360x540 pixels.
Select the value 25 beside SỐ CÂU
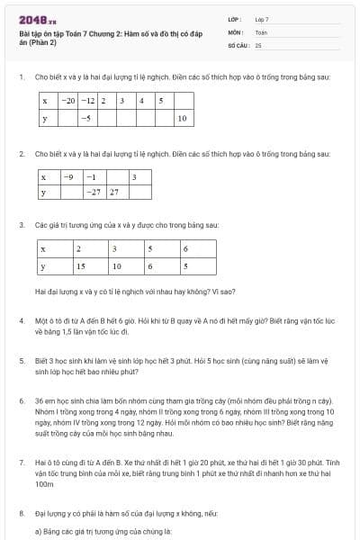[x=258, y=44]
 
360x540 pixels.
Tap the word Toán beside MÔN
[x=261, y=31]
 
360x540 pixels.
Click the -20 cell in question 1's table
[x=68, y=100]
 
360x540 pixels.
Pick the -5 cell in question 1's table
[x=86, y=118]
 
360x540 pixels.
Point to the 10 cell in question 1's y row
[x=181, y=118]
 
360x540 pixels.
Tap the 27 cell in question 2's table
[x=114, y=193]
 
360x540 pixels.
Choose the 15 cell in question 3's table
[x=80, y=266]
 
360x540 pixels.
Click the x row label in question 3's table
[x=44, y=247]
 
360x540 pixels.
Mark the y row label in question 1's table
[x=44, y=118]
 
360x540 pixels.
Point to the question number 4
[x=22, y=320]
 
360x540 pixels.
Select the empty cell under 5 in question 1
[x=162, y=118]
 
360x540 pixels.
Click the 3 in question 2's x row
[x=134, y=176]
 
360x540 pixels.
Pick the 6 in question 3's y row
[x=150, y=266]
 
